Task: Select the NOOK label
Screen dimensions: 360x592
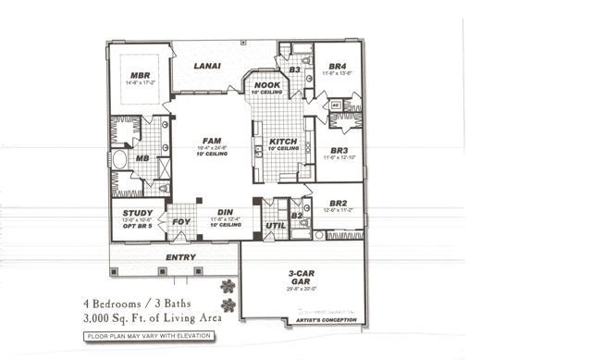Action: (x=266, y=85)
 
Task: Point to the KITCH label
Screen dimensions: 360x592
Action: (x=283, y=142)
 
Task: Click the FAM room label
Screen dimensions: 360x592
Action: (x=211, y=140)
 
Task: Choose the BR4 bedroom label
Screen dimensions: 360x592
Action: (x=337, y=67)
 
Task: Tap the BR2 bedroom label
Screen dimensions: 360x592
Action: (x=337, y=203)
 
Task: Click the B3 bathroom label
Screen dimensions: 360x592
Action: (x=293, y=69)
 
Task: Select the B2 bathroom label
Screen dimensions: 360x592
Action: (x=297, y=215)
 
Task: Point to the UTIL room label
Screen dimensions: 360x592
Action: (x=274, y=225)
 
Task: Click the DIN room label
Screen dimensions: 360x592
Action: (x=225, y=211)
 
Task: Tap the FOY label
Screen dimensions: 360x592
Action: (x=180, y=222)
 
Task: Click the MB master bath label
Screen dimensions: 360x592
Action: (x=142, y=158)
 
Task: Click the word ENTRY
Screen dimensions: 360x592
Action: (x=179, y=257)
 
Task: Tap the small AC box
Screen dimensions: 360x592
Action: (x=335, y=106)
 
